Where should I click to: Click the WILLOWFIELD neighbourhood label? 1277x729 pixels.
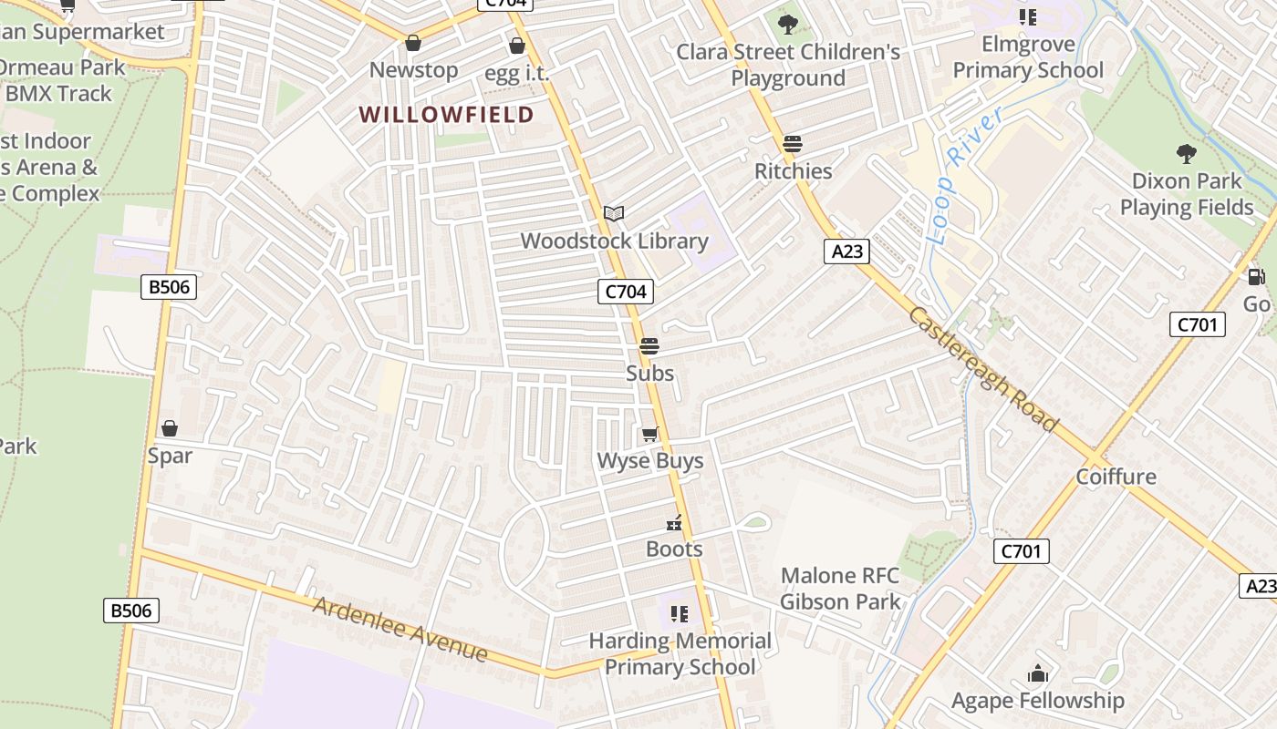(x=446, y=115)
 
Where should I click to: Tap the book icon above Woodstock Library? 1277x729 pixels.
(x=614, y=213)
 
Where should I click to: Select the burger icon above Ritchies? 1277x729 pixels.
(x=793, y=144)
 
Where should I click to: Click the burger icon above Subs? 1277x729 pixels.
(x=649, y=346)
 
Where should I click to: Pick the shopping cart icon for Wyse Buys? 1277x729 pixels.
(x=649, y=434)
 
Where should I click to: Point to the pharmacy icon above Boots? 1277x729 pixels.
(x=674, y=523)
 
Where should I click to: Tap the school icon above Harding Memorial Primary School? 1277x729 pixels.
(x=680, y=613)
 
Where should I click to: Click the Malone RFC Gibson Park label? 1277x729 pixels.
(x=839, y=589)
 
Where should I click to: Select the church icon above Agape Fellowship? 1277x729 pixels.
(x=1037, y=674)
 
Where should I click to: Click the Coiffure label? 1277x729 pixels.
(x=1116, y=477)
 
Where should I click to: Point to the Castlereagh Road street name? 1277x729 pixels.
(x=983, y=369)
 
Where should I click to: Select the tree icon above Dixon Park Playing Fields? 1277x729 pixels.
(x=1186, y=153)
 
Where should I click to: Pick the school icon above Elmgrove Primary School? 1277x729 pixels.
(x=1028, y=17)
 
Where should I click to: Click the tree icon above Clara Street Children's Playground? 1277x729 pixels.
(x=787, y=25)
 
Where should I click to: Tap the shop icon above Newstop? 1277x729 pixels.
(x=413, y=43)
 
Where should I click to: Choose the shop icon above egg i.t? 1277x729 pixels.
(x=517, y=46)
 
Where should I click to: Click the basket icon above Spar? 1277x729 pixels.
(x=170, y=428)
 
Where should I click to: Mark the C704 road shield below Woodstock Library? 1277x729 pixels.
(x=626, y=292)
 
